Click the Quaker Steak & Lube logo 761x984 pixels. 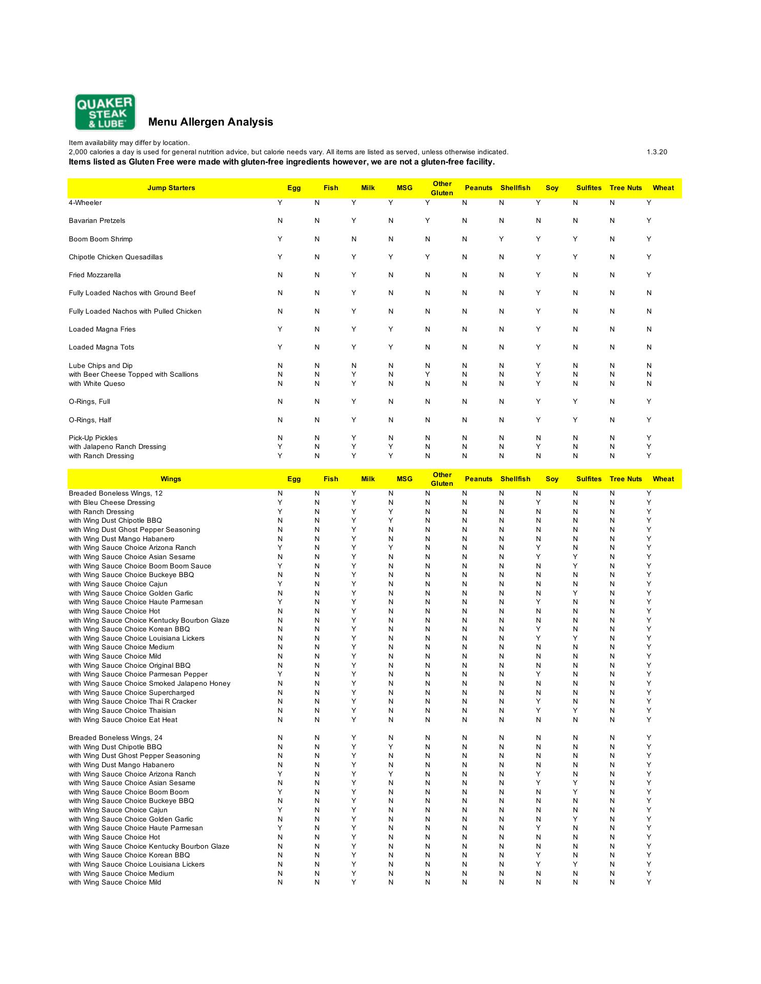105,112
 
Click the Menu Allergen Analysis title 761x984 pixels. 210,122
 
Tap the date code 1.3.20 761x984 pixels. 656,152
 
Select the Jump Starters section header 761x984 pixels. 171,188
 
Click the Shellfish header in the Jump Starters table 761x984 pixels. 515,188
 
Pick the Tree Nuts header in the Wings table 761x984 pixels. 625,479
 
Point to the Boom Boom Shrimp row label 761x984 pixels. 101,239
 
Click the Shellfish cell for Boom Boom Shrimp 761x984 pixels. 501,239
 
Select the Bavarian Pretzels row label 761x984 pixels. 97,221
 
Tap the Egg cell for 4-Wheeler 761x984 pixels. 280,203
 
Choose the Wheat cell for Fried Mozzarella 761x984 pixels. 649,275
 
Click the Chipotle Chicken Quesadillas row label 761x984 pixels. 115,257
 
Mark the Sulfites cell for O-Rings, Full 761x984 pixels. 575,402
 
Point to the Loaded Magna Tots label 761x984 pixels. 102,347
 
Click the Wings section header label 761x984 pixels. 171,479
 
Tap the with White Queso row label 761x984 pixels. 96,384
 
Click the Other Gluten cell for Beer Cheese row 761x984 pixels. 427,375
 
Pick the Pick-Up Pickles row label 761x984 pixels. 93,438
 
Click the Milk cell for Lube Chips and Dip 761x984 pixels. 353,366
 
